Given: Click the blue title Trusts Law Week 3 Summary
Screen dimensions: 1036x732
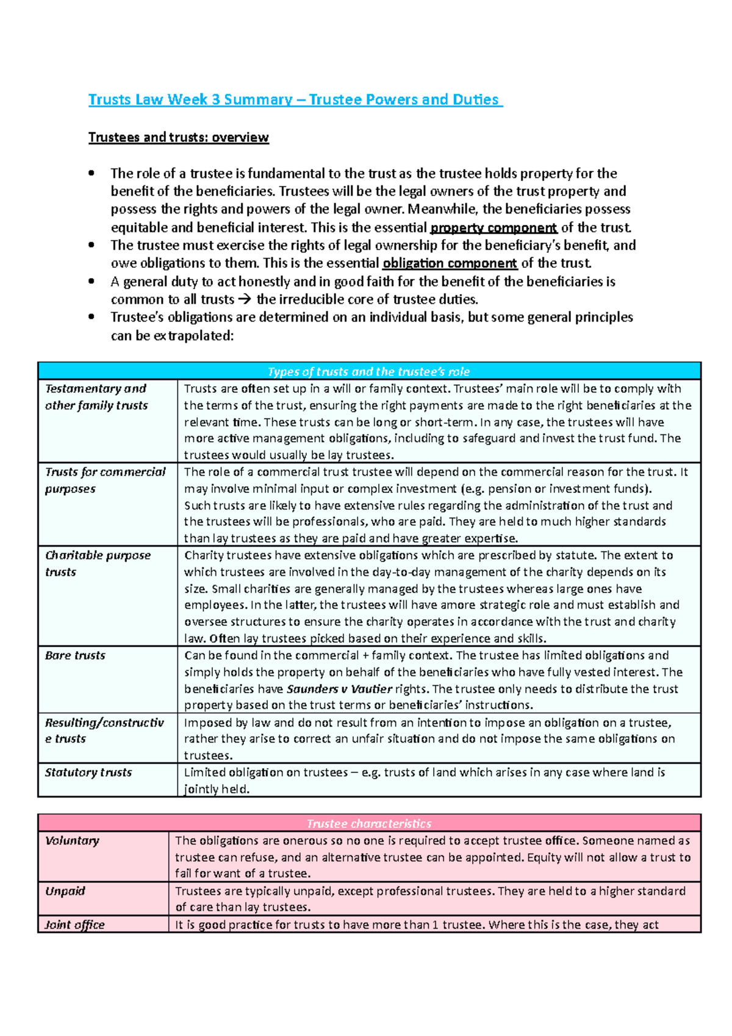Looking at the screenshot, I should click(x=295, y=99).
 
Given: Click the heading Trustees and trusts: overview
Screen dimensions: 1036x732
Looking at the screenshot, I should click(x=178, y=137).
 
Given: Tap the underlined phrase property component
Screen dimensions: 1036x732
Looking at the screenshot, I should click(x=493, y=228).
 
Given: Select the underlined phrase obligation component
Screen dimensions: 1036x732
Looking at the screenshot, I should click(x=450, y=264).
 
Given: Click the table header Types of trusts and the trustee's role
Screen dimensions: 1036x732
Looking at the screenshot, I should click(x=368, y=372).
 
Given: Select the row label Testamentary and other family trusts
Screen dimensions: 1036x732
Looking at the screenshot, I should click(x=96, y=397).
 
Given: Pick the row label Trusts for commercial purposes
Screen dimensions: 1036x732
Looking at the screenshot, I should click(x=104, y=480).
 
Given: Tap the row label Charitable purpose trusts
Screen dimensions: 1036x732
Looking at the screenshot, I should click(x=97, y=563).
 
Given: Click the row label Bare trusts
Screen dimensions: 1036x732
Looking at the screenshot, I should click(x=75, y=655).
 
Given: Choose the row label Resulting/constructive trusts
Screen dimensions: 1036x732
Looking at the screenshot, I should click(x=104, y=730).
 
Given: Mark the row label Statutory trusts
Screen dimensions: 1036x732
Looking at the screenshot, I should click(x=88, y=772).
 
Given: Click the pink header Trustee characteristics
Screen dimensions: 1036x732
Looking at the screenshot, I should click(x=368, y=824).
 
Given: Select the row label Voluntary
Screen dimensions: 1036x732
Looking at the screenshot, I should click(x=72, y=841).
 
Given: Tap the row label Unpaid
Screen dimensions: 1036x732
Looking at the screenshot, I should click(x=65, y=891).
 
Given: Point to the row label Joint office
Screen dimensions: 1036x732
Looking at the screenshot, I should click(x=74, y=925).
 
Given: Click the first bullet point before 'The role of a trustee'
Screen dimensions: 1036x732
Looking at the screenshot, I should click(x=91, y=173).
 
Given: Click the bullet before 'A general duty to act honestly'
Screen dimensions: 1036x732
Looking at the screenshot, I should click(x=91, y=281).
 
